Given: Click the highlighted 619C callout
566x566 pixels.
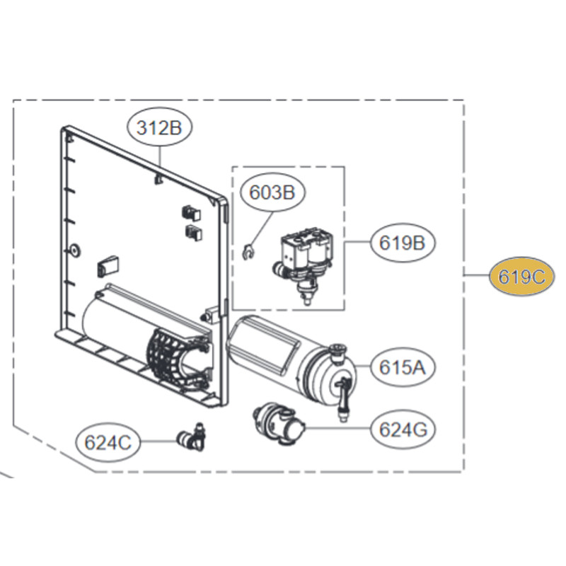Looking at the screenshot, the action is pos(521,277).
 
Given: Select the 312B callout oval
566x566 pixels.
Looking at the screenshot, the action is pos(159,127).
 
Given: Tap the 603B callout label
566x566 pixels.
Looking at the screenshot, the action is pos(272,192).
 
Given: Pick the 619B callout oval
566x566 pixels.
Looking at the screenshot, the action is pos(402,242).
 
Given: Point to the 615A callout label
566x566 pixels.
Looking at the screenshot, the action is pos(402,367).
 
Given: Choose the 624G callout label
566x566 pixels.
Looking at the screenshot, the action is pos(403,429).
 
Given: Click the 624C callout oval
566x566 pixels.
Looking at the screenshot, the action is pos(108,442).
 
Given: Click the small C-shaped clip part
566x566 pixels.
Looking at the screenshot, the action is pos(248,252).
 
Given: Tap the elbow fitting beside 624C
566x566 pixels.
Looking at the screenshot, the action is pos(191,437).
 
